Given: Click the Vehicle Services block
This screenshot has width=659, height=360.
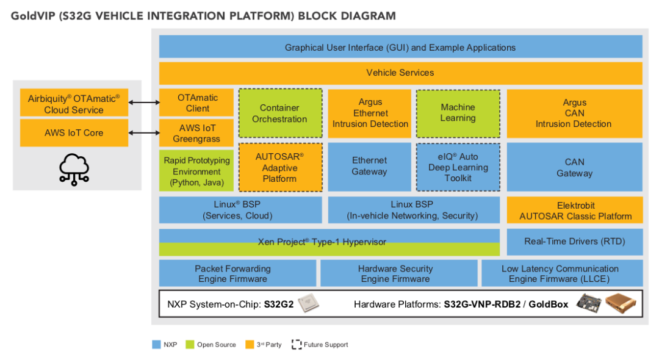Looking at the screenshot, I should pyautogui.click(x=400, y=73).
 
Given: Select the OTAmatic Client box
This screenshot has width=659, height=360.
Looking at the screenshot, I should pyautogui.click(x=196, y=103).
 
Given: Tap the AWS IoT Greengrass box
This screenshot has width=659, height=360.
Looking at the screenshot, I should pyautogui.click(x=196, y=133).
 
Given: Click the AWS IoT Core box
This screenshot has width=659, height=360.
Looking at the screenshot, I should pyautogui.click(x=74, y=133).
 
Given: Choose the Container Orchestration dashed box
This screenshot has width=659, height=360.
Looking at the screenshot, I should pyautogui.click(x=279, y=113).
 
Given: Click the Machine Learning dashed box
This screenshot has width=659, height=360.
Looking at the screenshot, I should pyautogui.click(x=458, y=113).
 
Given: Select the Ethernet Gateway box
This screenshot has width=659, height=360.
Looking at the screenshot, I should pyautogui.click(x=369, y=167).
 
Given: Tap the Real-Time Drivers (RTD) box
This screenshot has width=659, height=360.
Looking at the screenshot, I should pyautogui.click(x=574, y=242).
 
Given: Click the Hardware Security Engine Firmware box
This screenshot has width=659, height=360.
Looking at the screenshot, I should pyautogui.click(x=398, y=273).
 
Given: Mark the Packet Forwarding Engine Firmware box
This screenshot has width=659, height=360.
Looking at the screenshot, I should pyautogui.click(x=237, y=273).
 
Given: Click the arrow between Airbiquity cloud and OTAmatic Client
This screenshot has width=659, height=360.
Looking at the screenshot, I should pyautogui.click(x=144, y=103).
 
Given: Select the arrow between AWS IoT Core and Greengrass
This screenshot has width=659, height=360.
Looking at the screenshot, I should pyautogui.click(x=144, y=132).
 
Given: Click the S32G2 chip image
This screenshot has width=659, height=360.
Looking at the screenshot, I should pyautogui.click(x=309, y=303).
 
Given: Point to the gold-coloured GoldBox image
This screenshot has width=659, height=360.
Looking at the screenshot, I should pyautogui.click(x=622, y=303).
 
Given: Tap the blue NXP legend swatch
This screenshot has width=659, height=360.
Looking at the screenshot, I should pyautogui.click(x=156, y=345).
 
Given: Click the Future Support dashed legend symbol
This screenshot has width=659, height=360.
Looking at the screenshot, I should pyautogui.click(x=297, y=345).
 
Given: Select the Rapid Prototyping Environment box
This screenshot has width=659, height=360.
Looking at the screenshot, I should pyautogui.click(x=196, y=171).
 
